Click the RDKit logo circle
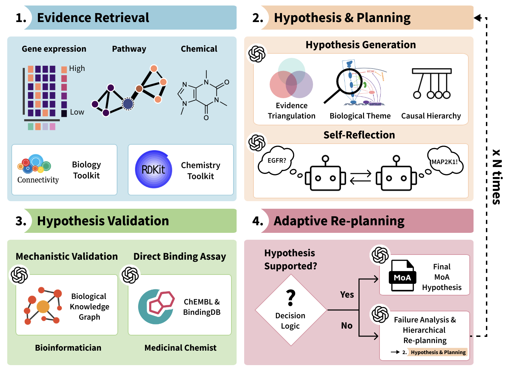click(154, 169)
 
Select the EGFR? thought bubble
click(277, 161)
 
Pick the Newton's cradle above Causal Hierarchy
click(432, 83)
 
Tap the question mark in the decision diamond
click(291, 298)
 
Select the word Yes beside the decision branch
click(347, 294)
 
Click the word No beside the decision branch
click(347, 325)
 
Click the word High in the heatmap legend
click(77, 69)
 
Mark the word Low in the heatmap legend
click(77, 112)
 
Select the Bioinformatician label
click(68, 348)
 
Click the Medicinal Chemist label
click(180, 348)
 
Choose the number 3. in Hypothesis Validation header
click(21, 221)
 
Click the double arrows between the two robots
click(361, 177)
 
